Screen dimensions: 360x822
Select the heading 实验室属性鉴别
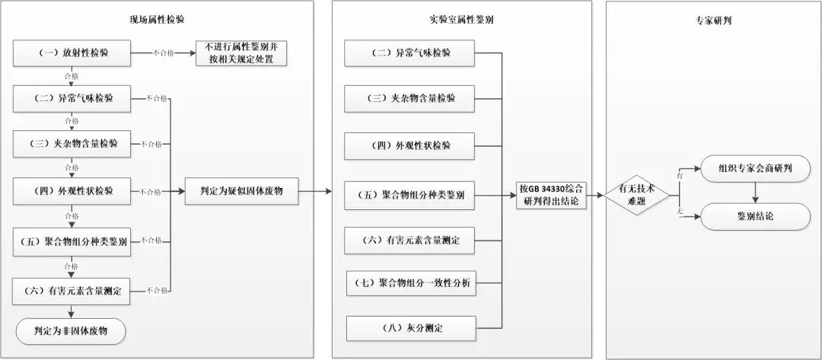(x=462, y=20)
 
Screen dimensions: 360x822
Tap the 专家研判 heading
(x=714, y=20)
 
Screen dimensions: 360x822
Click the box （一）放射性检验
(x=73, y=53)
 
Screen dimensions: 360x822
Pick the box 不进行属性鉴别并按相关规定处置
(x=241, y=53)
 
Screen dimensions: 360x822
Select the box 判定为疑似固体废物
(x=241, y=190)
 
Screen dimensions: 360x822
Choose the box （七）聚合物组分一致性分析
(x=412, y=284)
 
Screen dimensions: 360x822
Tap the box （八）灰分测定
(x=412, y=328)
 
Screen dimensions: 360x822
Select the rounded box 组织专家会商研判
(x=755, y=167)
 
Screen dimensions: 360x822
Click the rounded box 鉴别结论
(x=755, y=217)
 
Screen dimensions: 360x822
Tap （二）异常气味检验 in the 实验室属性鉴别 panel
(x=412, y=53)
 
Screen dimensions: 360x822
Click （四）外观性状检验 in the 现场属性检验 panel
(x=73, y=191)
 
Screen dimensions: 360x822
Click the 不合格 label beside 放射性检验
(x=164, y=53)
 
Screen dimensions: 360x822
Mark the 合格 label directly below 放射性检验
(x=72, y=75)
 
